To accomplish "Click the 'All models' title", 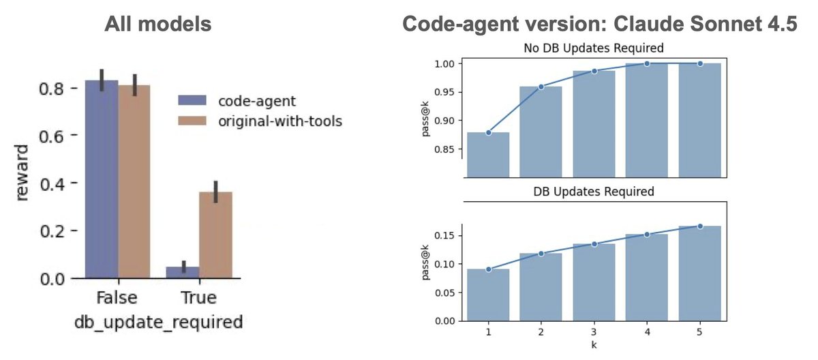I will (x=157, y=25).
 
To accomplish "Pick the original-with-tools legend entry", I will (x=259, y=121).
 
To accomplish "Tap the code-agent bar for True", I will (x=183, y=272).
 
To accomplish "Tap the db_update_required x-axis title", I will (x=157, y=322).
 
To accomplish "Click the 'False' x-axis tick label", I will (x=117, y=298).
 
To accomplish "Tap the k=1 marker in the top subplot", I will (x=489, y=132).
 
